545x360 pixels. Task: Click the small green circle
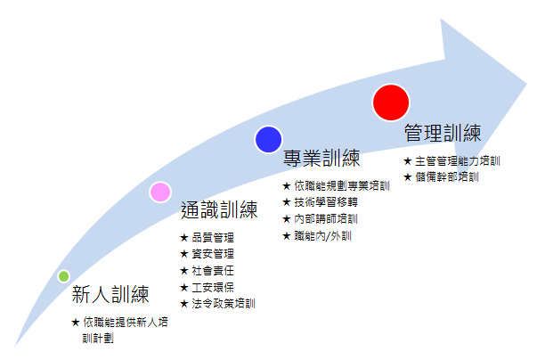point(63,276)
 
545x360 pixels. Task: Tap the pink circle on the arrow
point(160,192)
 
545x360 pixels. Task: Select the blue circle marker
point(268,140)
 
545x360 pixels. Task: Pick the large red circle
point(391,102)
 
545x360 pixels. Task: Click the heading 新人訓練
point(110,294)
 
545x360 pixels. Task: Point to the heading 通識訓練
point(219,209)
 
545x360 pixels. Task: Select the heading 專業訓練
point(321,159)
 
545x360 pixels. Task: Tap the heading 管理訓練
point(443,133)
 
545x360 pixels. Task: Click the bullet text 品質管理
point(213,238)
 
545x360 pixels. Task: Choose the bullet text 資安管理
point(213,254)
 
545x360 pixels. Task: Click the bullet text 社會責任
point(213,271)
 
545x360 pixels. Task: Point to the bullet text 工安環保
point(213,287)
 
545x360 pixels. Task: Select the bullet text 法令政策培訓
point(224,304)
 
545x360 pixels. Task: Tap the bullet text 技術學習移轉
point(326,202)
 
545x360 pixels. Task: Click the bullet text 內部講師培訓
point(326,219)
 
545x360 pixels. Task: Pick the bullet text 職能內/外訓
point(323,236)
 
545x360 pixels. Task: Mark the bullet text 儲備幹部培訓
point(447,177)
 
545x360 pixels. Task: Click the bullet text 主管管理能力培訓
point(458,161)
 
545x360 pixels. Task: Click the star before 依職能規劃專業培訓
point(287,186)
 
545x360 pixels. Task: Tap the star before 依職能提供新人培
point(76,323)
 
